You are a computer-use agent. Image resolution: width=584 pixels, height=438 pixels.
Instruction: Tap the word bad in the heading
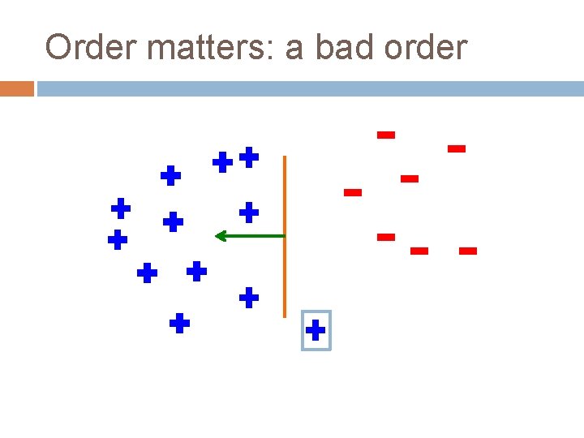click(x=344, y=48)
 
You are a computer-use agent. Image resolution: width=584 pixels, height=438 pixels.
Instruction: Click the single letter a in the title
click(x=294, y=49)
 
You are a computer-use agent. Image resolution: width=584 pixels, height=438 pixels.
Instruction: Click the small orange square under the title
click(x=17, y=88)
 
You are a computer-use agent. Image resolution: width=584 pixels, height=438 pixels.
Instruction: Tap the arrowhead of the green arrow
click(x=219, y=236)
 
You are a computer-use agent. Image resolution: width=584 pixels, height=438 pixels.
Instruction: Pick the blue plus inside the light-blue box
click(x=316, y=330)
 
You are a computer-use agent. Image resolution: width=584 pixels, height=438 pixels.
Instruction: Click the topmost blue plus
click(x=249, y=157)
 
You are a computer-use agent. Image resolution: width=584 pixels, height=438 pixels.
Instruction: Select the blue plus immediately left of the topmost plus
click(x=222, y=162)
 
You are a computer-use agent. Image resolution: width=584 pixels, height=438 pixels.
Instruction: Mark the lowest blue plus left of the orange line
click(x=179, y=324)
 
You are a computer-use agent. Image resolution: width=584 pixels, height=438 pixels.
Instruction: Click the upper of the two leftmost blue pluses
click(x=121, y=208)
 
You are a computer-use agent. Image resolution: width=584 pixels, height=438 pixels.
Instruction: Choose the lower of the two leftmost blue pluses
click(x=118, y=239)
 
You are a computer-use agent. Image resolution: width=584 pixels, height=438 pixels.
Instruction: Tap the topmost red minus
click(x=386, y=135)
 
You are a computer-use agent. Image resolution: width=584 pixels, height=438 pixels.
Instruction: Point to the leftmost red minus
click(x=352, y=192)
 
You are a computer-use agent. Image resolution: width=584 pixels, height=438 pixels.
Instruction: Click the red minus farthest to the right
click(x=467, y=251)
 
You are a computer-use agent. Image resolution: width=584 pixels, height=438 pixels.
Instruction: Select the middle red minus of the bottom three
click(x=419, y=251)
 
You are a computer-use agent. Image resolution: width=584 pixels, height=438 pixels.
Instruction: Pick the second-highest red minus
click(x=457, y=148)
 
